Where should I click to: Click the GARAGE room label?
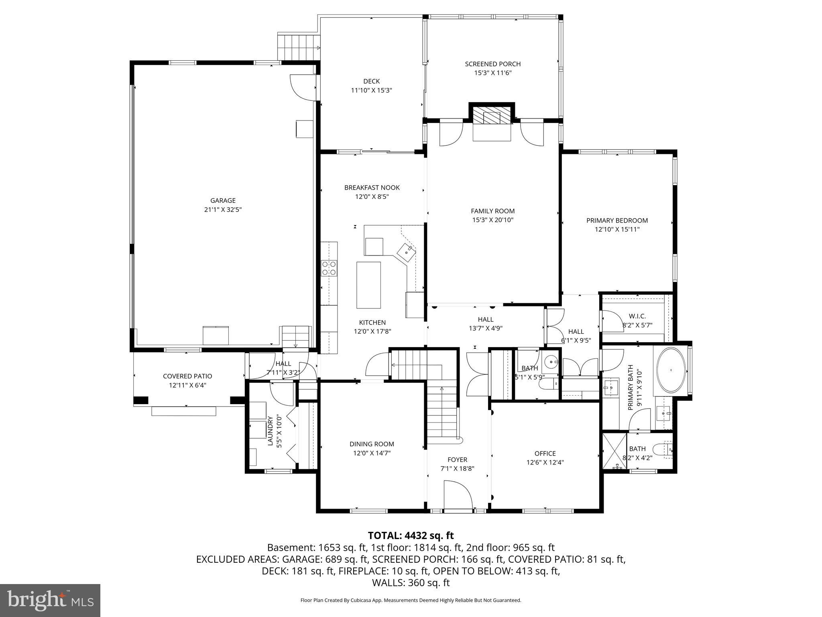[x=223, y=200]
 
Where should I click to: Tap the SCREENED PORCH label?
[x=492, y=64]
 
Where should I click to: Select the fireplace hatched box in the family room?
[x=492, y=117]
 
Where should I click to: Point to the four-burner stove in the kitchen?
[x=329, y=268]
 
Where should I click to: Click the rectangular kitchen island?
[x=368, y=284]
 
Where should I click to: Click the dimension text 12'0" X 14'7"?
[x=372, y=453]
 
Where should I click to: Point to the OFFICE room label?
[x=545, y=453]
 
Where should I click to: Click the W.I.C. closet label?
[x=637, y=317]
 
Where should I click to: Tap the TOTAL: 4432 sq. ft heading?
[x=411, y=535]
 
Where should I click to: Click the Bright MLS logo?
[x=50, y=600]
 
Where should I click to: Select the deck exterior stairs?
[x=298, y=47]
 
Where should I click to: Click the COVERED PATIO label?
[x=187, y=376]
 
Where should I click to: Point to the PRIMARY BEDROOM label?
[x=617, y=220]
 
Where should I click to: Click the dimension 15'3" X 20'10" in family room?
[x=492, y=220]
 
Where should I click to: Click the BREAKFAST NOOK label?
[x=372, y=188]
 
